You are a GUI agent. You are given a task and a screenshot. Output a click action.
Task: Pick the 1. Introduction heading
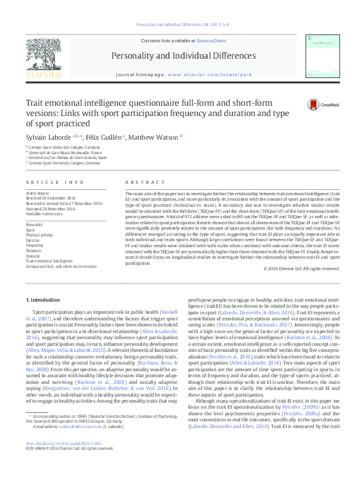pos(45,300)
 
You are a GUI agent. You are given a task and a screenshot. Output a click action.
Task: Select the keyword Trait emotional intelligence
pos(48,260)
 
